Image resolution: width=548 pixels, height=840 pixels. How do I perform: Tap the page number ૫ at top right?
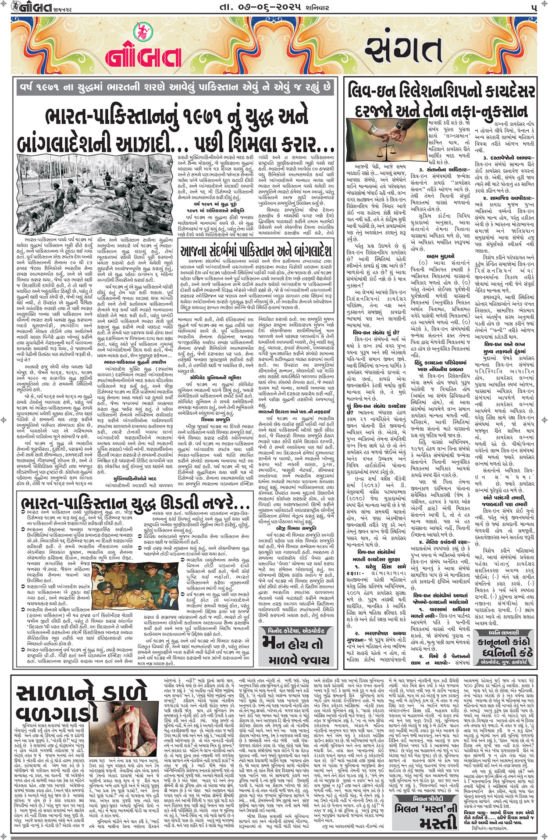coord(533,7)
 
